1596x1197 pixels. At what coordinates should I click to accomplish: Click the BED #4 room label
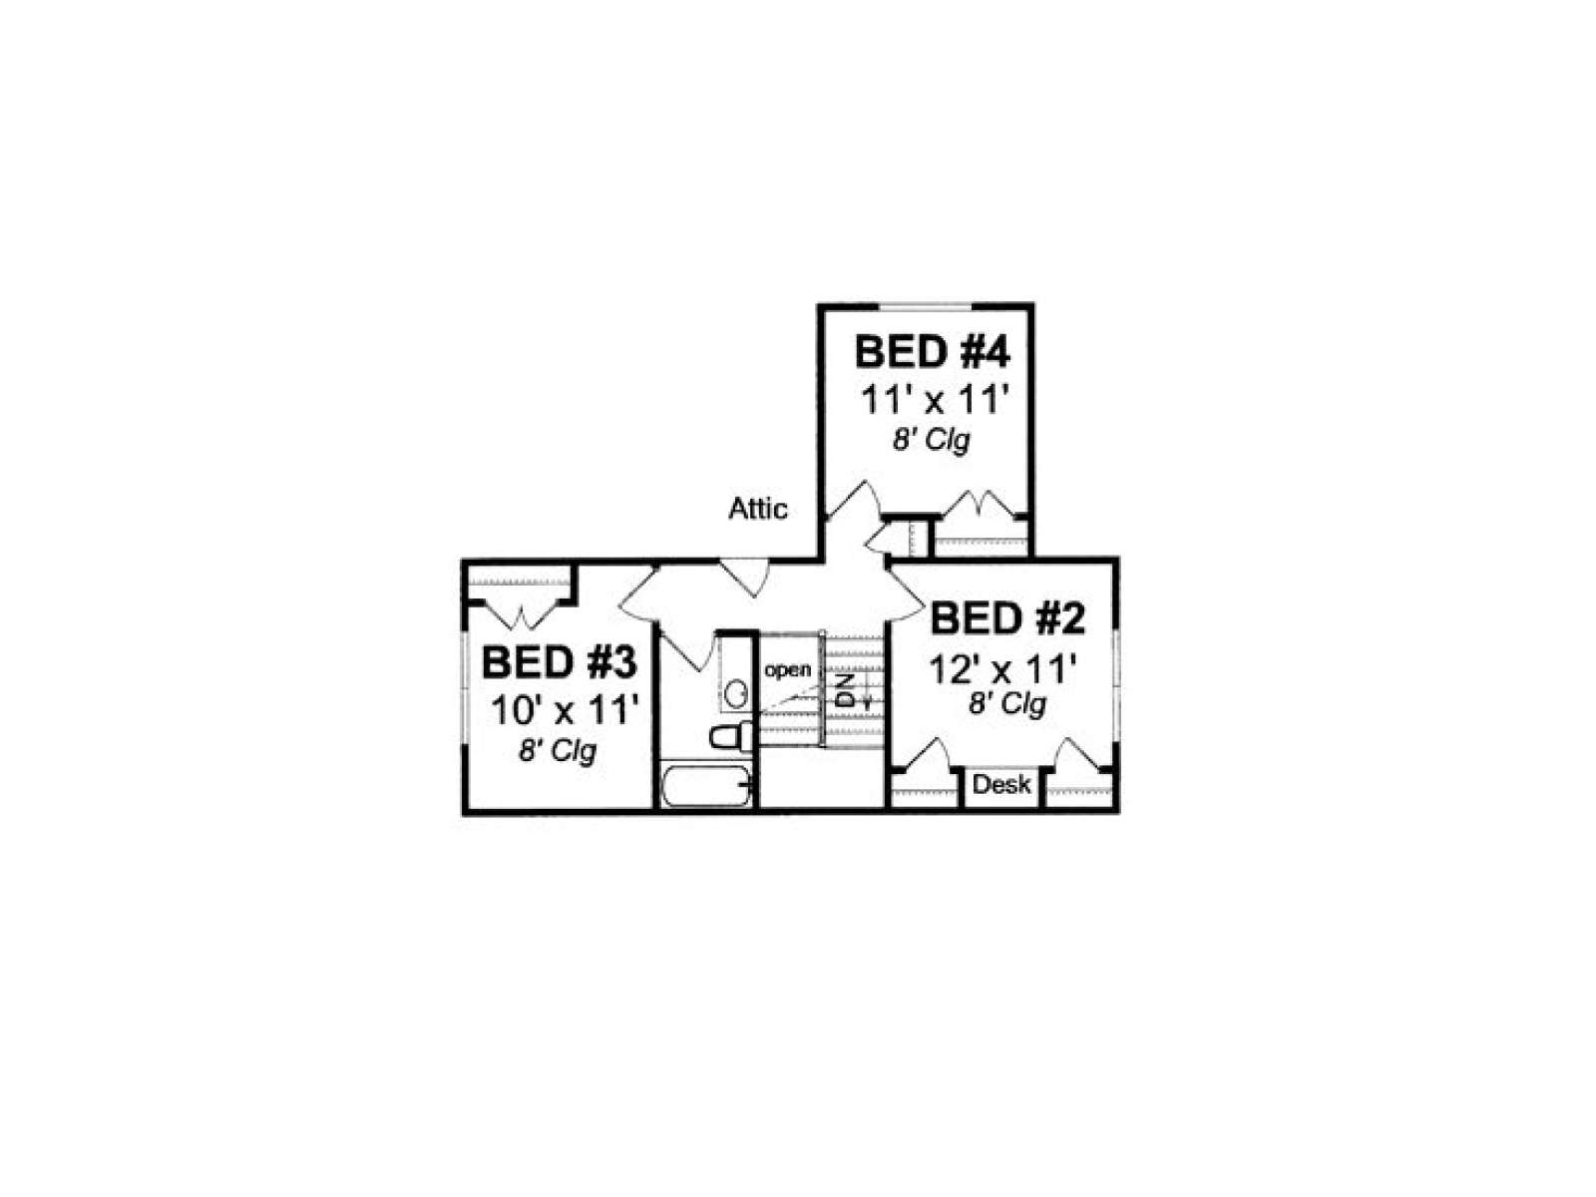932,352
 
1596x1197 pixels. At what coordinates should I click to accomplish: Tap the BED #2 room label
1007,618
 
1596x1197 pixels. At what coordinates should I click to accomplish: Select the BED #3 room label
559,662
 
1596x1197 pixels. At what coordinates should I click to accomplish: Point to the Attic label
758,509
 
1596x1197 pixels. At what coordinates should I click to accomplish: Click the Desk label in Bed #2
1001,784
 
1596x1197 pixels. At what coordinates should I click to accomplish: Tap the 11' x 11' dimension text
935,400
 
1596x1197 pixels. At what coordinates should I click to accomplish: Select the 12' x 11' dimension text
1002,669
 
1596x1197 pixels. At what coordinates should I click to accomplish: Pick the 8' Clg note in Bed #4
932,441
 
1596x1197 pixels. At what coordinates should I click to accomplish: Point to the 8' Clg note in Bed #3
557,752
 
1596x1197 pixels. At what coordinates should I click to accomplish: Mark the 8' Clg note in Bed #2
1007,704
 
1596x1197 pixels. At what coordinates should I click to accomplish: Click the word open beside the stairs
787,670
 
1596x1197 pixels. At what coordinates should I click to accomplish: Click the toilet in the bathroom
731,736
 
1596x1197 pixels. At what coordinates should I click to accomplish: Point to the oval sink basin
736,694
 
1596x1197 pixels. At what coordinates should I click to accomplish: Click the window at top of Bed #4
925,306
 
